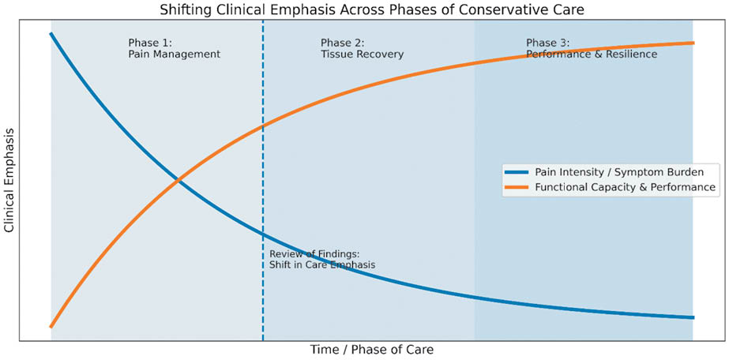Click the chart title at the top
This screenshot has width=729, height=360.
click(x=370, y=10)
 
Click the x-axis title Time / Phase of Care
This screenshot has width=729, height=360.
click(x=371, y=349)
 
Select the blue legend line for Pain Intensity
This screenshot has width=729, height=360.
click(x=516, y=172)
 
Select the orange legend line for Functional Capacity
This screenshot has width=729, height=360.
click(x=516, y=187)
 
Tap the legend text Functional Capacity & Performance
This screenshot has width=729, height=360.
click(x=625, y=187)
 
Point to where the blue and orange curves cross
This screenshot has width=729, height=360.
click(x=178, y=180)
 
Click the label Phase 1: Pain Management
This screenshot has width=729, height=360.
click(x=175, y=49)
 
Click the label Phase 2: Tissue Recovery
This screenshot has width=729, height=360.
click(x=363, y=49)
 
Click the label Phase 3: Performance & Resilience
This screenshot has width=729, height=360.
click(x=592, y=49)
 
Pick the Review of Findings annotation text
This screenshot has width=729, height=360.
click(x=322, y=260)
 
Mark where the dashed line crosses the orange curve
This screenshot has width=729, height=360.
click(x=263, y=126)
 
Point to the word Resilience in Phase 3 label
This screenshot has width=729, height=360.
click(x=634, y=54)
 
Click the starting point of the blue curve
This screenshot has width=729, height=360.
click(x=51, y=34)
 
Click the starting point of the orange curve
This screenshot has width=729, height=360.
click(x=51, y=327)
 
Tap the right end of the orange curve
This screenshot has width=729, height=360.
click(x=693, y=43)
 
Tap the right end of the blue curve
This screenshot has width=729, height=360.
click(x=693, y=317)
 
